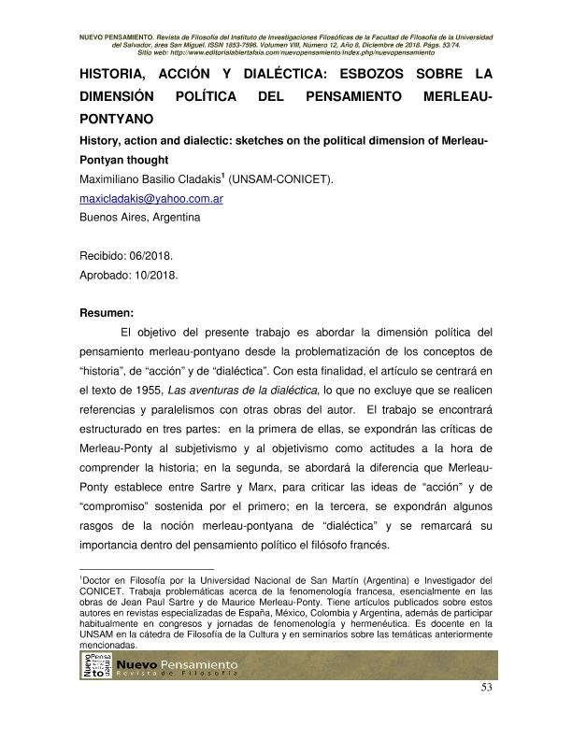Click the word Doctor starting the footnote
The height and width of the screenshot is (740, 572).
pyautogui.click(x=99, y=581)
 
